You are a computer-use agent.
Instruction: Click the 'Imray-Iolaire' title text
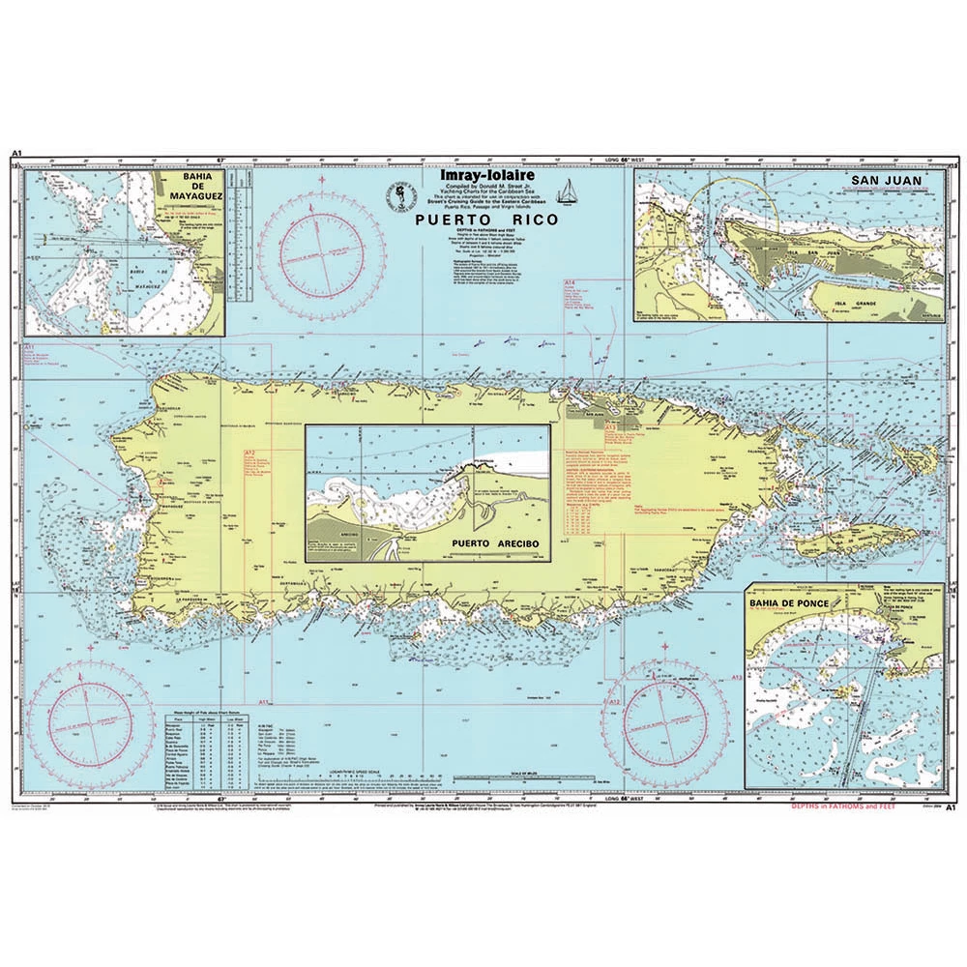[478, 176]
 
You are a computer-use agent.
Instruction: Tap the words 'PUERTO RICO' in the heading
[484, 220]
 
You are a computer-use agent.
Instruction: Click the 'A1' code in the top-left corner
[17, 154]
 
